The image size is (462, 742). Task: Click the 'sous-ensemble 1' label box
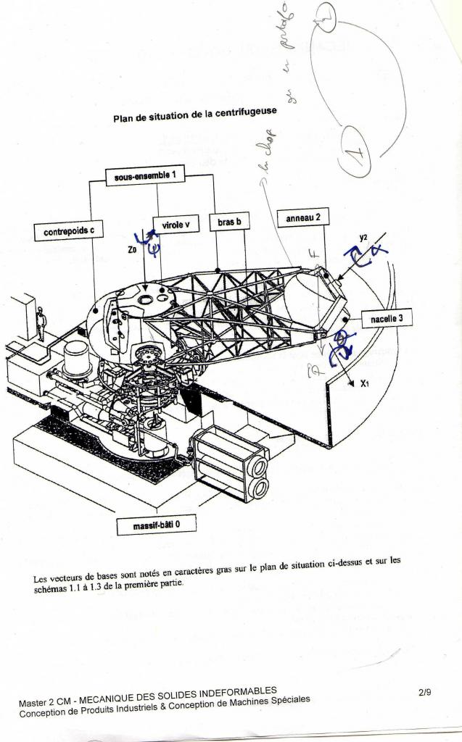coord(145,176)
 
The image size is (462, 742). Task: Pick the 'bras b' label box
coord(229,221)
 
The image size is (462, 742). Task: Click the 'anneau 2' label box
coord(303,216)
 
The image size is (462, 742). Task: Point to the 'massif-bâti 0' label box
coord(157,523)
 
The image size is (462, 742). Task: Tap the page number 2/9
coord(425,692)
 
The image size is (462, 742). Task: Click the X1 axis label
coord(364,383)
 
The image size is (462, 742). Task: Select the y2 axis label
coord(363,237)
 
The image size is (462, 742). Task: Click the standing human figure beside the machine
coord(41,324)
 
